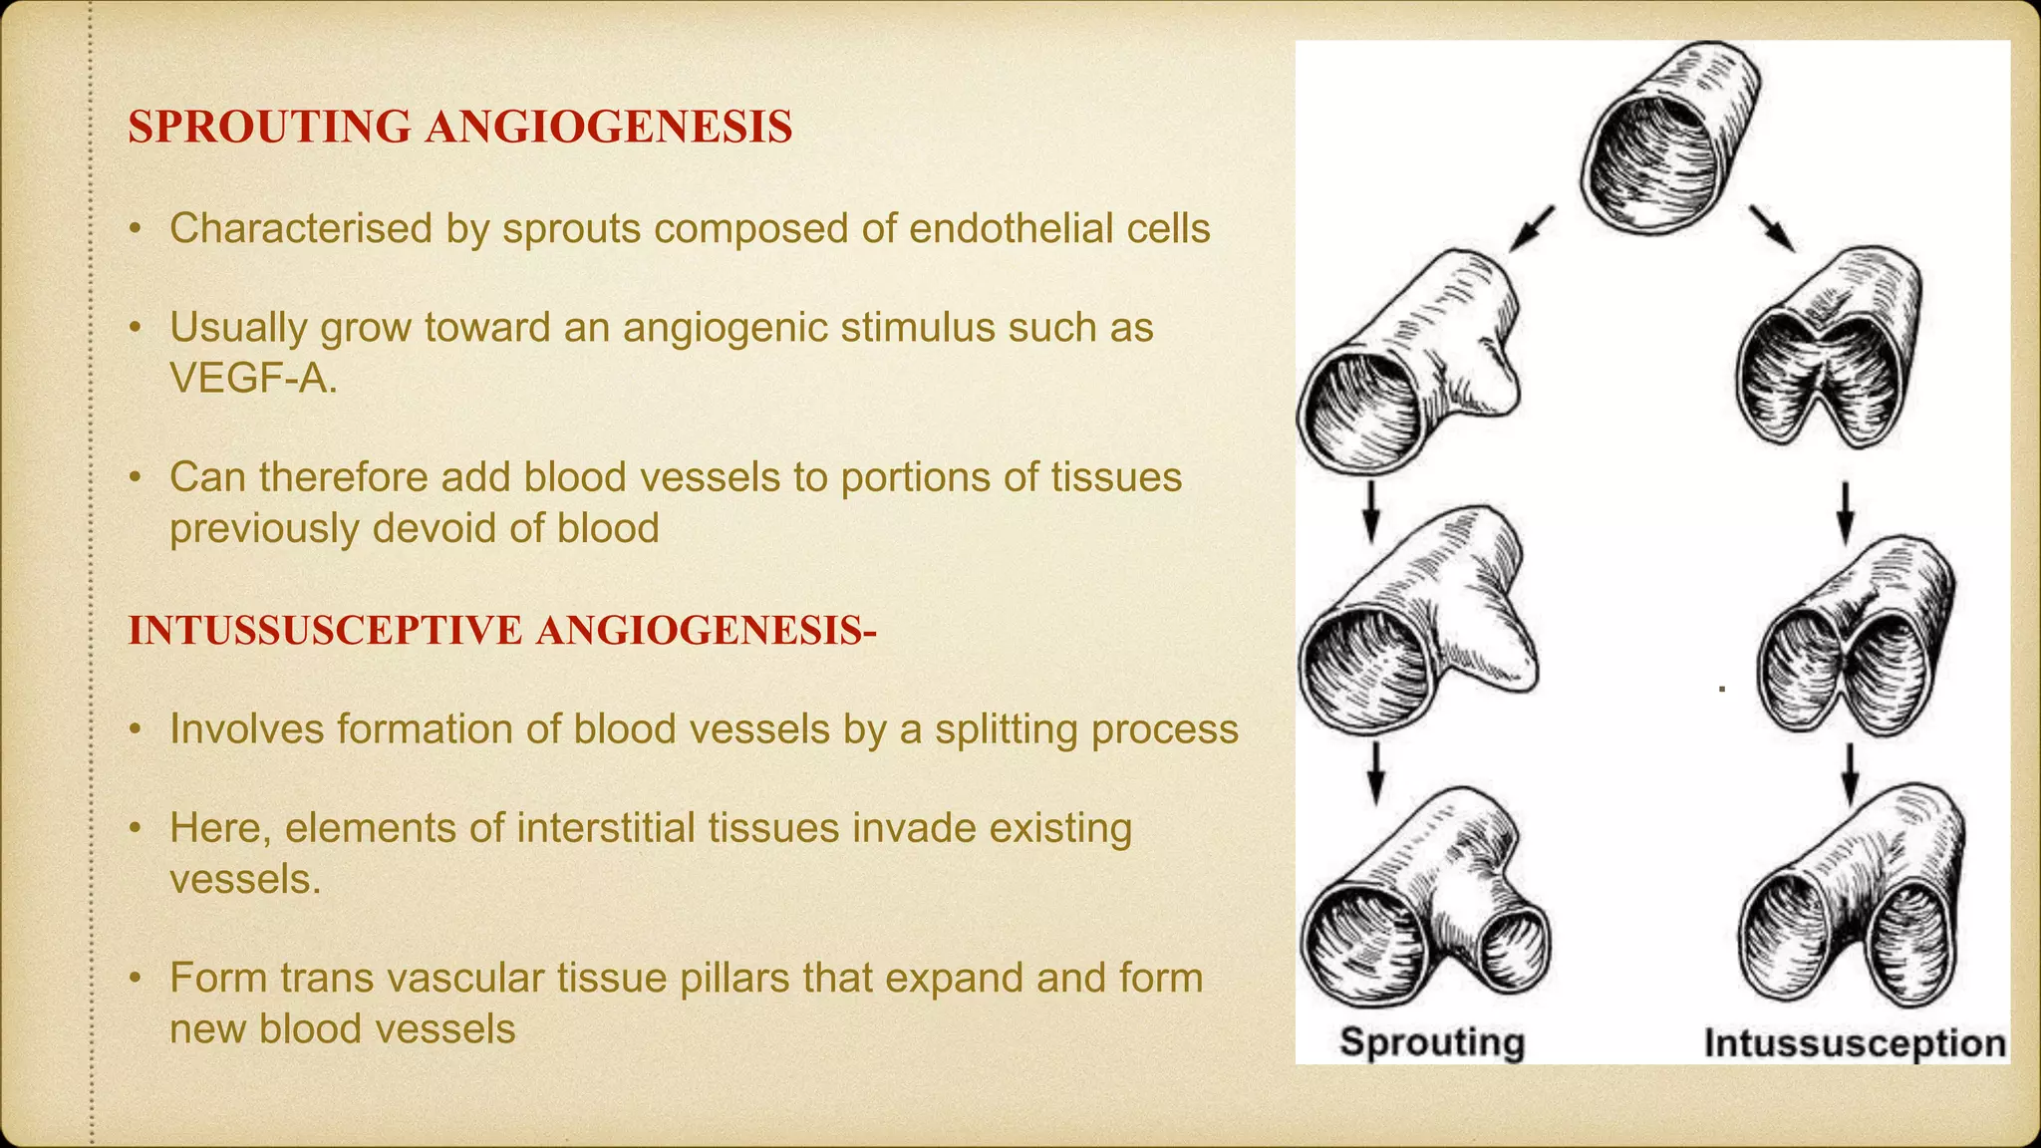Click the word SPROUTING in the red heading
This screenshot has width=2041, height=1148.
(x=269, y=128)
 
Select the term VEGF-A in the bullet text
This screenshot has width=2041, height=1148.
(x=252, y=378)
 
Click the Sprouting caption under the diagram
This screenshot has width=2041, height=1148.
(x=1432, y=1042)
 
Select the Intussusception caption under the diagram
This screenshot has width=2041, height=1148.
(x=1855, y=1043)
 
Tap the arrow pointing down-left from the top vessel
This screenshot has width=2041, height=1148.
(x=1531, y=229)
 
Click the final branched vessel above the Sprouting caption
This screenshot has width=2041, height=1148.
(x=1425, y=902)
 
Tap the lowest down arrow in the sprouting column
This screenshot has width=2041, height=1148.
(x=1375, y=771)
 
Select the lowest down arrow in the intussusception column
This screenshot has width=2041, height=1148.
(x=1850, y=773)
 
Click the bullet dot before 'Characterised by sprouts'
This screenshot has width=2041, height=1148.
(x=135, y=230)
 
